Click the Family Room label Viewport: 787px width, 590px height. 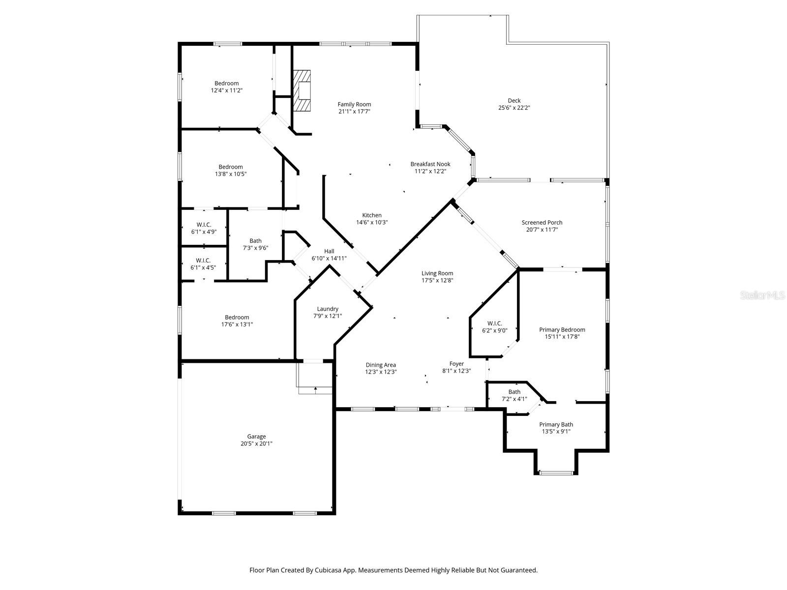354,104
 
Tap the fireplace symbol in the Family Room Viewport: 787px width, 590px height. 303,91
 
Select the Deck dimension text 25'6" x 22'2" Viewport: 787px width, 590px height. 514,108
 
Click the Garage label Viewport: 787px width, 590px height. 256,437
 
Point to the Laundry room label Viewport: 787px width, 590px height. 328,309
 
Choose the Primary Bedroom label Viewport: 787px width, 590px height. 562,330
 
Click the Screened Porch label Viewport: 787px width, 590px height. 542,223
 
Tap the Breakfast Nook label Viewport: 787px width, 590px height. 430,164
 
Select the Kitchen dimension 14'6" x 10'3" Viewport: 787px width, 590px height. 372,222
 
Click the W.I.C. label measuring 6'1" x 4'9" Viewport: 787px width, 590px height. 204,225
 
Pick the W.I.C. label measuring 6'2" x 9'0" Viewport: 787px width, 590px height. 494,324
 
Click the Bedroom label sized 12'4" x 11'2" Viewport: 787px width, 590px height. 226,84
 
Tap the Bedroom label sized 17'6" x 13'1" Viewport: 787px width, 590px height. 237,318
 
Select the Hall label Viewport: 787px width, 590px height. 329,251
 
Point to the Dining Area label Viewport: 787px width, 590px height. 381,365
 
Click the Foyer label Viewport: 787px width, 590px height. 456,364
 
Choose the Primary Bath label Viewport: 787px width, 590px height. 556,425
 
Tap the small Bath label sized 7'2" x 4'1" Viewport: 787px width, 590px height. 514,392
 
